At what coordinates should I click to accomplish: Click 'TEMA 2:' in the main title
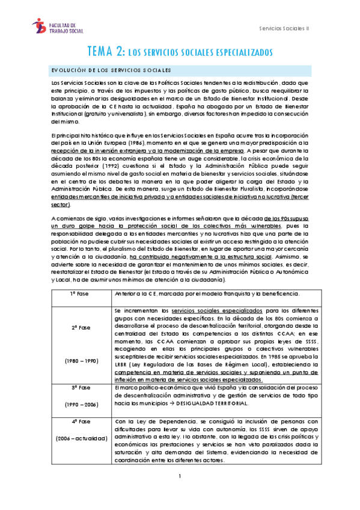coord(106,52)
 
